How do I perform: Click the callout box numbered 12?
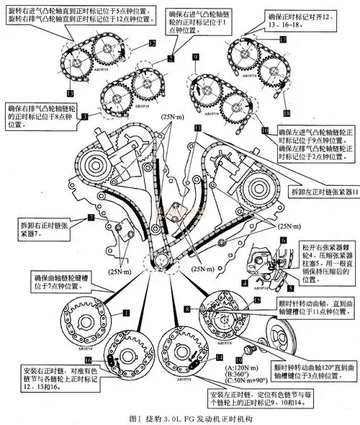(152, 44)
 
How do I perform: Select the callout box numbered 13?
(69, 93)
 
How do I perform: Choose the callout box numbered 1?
(125, 313)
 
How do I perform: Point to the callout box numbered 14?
(220, 358)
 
